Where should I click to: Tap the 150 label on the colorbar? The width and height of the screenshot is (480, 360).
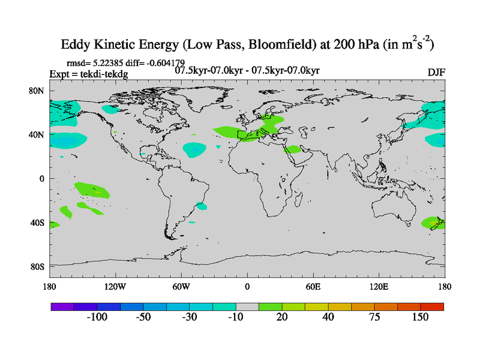[x=421, y=317]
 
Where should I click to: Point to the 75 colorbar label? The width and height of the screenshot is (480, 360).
[x=374, y=317]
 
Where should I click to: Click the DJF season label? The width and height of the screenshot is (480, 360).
[x=436, y=73]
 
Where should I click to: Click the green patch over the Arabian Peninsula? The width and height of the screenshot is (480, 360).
[x=293, y=149]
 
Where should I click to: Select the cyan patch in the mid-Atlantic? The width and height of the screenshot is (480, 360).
[x=194, y=149]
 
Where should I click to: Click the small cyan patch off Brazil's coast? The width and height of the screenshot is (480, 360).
[x=202, y=206]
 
